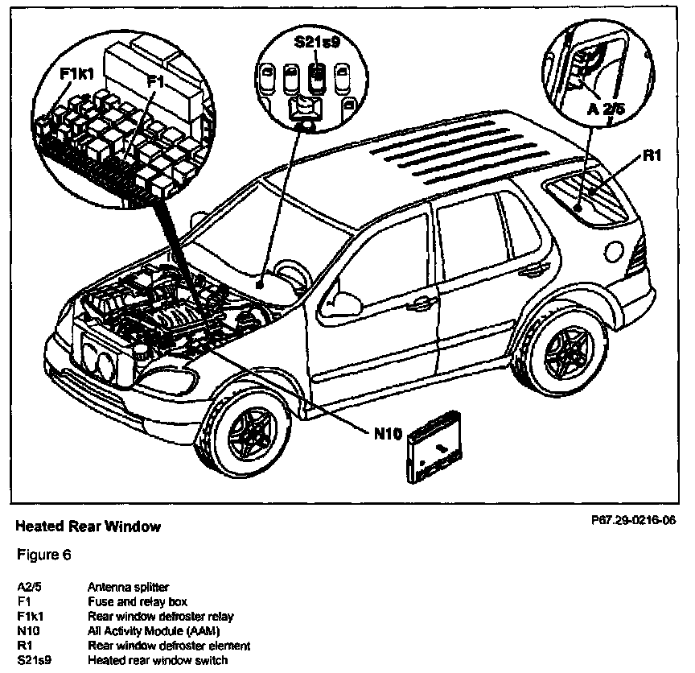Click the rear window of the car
591,193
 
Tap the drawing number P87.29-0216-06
633,521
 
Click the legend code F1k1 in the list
31,617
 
